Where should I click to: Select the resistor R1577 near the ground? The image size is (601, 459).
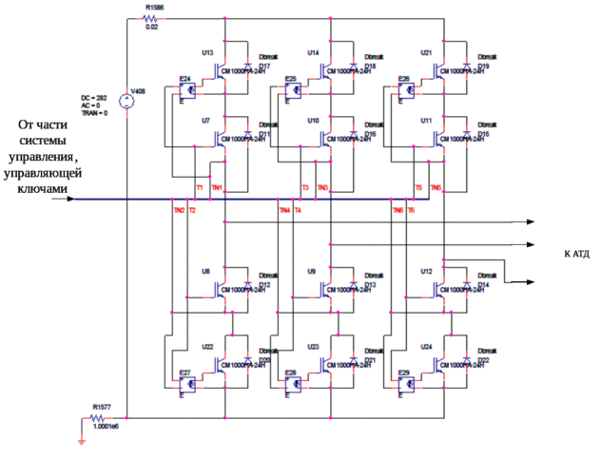(x=101, y=415)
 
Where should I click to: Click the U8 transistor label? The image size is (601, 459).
(x=205, y=271)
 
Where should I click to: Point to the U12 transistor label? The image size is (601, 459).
(x=425, y=271)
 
